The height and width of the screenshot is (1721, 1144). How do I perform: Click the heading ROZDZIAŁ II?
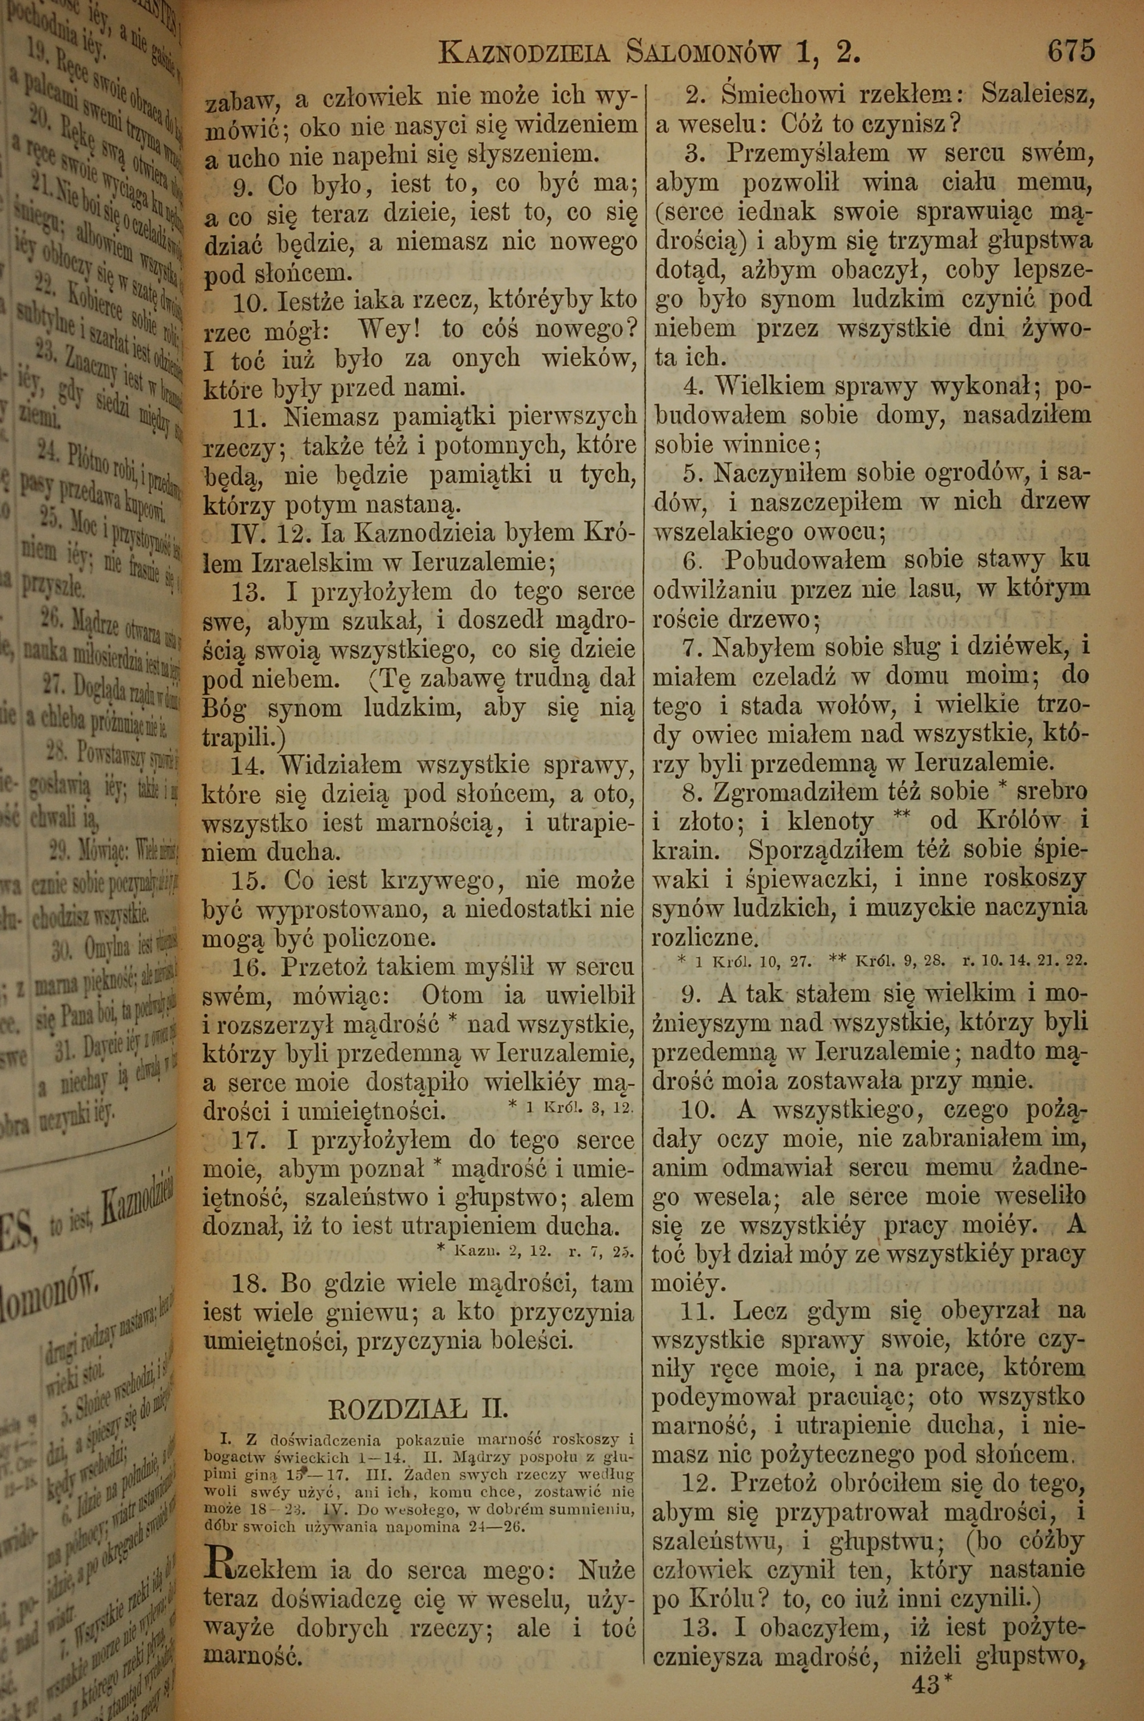coord(419,1406)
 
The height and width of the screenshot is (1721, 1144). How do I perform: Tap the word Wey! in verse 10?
coord(392,330)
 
